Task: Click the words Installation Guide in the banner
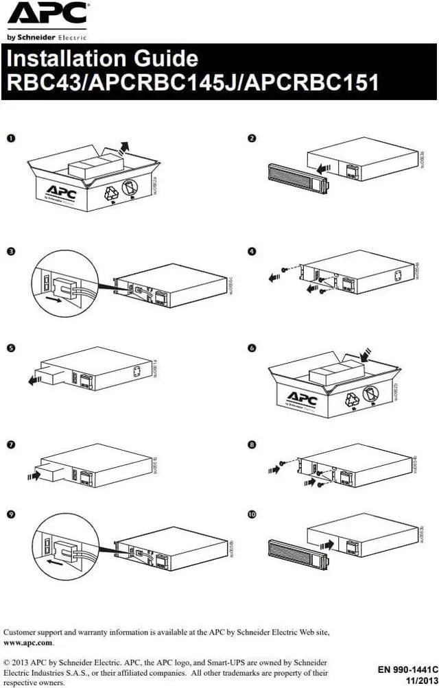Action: (102, 58)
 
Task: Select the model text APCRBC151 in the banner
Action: (311, 82)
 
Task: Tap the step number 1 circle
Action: (11, 139)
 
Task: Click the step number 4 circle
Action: (252, 252)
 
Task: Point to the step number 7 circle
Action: (11, 445)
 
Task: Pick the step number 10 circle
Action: (252, 514)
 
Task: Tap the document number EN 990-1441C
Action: (407, 668)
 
